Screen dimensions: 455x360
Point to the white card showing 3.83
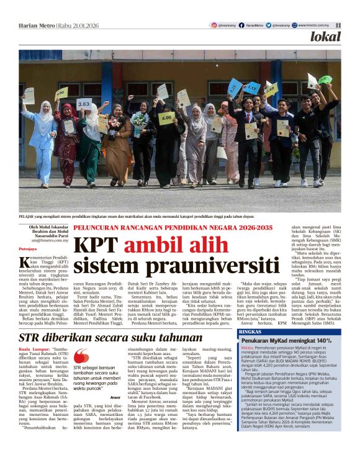pos(84,104)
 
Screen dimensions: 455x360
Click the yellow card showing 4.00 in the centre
pos(166,117)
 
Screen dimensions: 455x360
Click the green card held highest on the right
pos(325,80)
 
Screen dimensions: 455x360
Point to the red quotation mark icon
pos(81,356)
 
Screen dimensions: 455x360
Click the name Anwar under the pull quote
pos(114,397)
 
